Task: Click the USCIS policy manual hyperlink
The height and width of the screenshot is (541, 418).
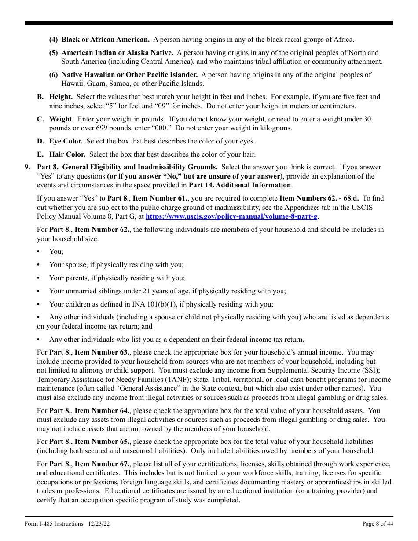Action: (x=231, y=216)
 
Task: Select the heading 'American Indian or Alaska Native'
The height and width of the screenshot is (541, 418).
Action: (x=117, y=53)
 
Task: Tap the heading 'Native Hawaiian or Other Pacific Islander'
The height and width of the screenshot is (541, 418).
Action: (x=129, y=75)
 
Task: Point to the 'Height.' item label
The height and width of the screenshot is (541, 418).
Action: (x=61, y=97)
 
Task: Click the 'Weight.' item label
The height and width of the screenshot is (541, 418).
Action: (x=61, y=119)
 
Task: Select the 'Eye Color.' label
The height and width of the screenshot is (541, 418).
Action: (x=66, y=141)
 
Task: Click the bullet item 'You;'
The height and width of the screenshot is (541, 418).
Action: (x=56, y=252)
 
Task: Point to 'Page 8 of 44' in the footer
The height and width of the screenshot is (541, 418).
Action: (x=378, y=523)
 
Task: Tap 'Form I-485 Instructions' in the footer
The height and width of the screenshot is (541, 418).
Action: (x=54, y=523)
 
